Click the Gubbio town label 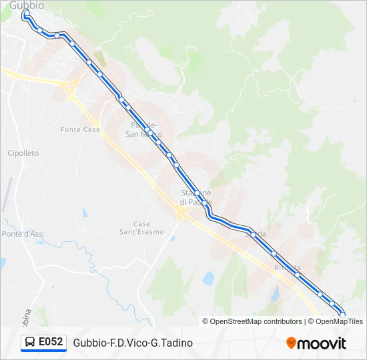pyautogui.click(x=27, y=5)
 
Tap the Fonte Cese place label pyautogui.click(x=80, y=129)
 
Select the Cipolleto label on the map pyautogui.click(x=23, y=153)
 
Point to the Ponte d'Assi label pyautogui.click(x=23, y=234)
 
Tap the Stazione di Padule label pyautogui.click(x=196, y=197)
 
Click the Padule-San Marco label pyautogui.click(x=143, y=129)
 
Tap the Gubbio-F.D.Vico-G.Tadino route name pyautogui.click(x=133, y=343)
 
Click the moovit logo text pyautogui.click(x=322, y=343)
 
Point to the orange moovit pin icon pyautogui.click(x=291, y=343)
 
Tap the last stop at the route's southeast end pyautogui.click(x=343, y=314)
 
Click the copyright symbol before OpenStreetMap pyautogui.click(x=206, y=321)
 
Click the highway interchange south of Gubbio pyautogui.click(x=69, y=85)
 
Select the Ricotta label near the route pyautogui.click(x=287, y=268)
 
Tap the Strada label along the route pyautogui.click(x=256, y=234)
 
